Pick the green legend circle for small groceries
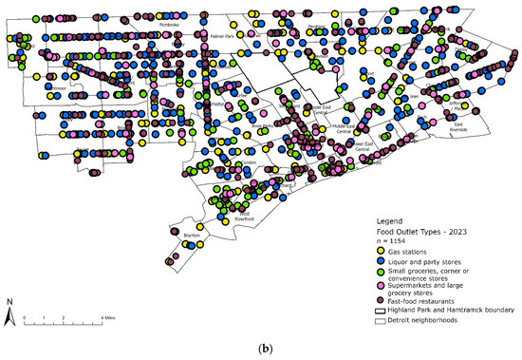(x=379, y=274)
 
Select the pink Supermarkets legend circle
(x=379, y=288)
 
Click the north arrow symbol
(x=9, y=310)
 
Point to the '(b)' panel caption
(x=261, y=348)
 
